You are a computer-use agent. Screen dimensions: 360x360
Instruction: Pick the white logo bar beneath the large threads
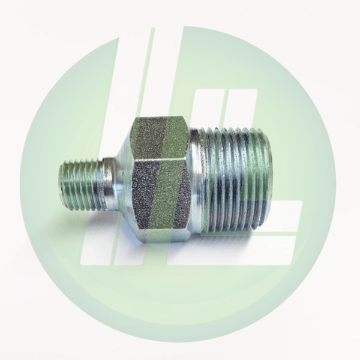coord(240,255)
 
